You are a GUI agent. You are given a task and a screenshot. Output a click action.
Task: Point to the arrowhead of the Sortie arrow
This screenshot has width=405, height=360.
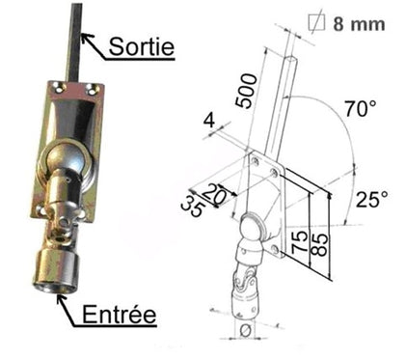pos(83,37)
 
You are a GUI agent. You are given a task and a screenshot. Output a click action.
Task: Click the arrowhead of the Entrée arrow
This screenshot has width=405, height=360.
pos(62,300)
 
